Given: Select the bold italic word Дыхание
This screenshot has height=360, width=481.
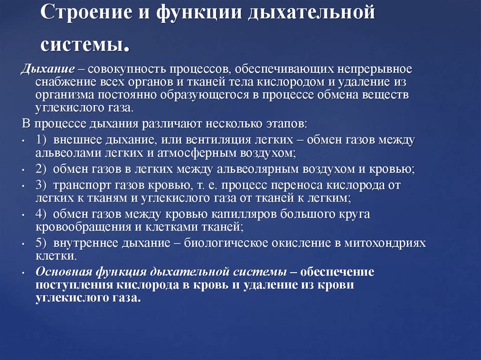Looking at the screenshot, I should coord(47,69).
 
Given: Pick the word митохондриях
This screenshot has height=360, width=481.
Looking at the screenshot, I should coord(386,243).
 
